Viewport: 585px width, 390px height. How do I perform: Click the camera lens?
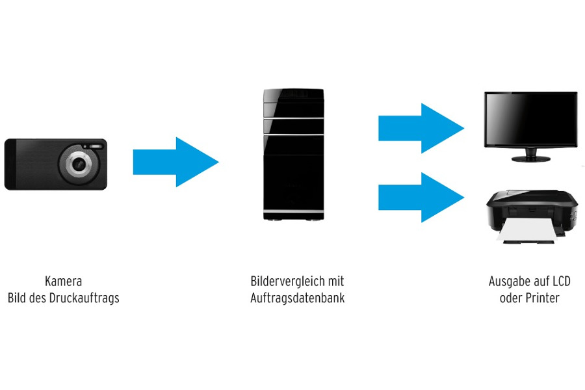pos(79,163)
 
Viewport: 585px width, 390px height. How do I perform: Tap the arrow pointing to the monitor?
pos(420,128)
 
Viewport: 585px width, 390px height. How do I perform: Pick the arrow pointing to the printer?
pos(420,198)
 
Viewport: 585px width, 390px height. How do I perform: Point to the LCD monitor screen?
pos(530,120)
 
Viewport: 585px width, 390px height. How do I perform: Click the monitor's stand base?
pos(530,159)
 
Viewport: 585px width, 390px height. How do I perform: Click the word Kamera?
pos(63,281)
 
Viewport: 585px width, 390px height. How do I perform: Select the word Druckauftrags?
pos(82,298)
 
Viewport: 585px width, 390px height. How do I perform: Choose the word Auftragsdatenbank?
pos(297,298)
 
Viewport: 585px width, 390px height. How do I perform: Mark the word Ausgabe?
pos(506,281)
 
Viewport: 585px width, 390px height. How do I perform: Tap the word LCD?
pos(561,281)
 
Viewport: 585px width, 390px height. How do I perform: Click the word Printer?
pos(542,298)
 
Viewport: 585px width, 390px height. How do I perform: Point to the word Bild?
pos(16,298)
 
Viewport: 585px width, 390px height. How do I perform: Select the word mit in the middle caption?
pos(336,281)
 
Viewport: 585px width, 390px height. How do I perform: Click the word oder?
pos(511,298)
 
